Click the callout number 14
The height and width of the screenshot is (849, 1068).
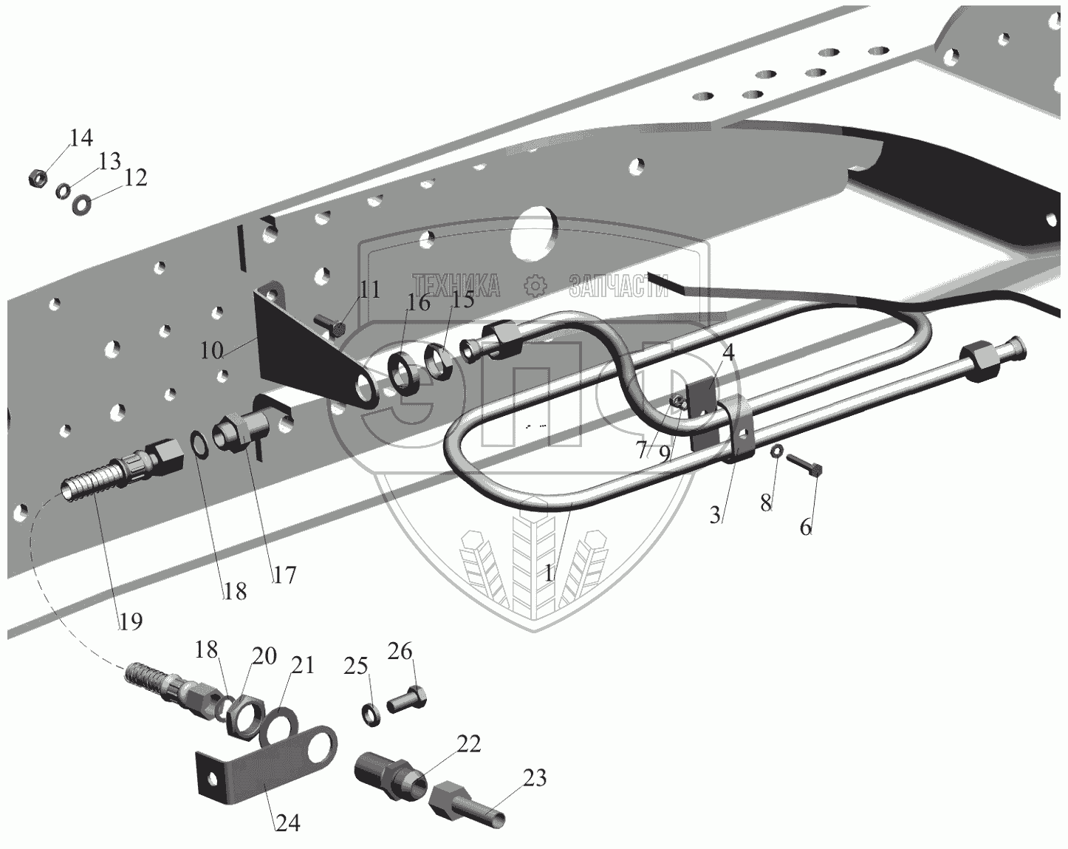tap(81, 137)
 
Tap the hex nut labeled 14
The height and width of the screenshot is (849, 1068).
tap(38, 178)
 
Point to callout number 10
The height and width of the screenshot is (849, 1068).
tap(211, 350)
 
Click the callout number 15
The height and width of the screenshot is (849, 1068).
tap(462, 301)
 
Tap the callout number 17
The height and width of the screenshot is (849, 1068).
tap(284, 574)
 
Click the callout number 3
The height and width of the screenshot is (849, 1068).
tap(714, 515)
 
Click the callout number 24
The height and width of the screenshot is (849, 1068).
tap(288, 822)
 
